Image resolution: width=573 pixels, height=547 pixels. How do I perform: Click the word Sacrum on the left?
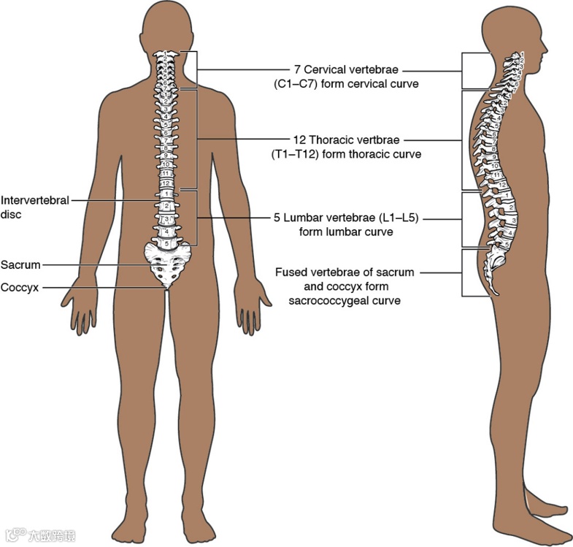[20, 264]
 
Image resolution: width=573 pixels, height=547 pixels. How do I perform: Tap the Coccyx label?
[20, 287]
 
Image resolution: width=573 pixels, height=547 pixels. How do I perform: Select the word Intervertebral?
[35, 199]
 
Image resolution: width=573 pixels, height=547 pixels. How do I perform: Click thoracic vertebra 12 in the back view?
[166, 183]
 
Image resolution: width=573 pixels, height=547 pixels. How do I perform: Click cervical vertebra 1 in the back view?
[167, 55]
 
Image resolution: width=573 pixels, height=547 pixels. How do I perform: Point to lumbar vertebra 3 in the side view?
[514, 219]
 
